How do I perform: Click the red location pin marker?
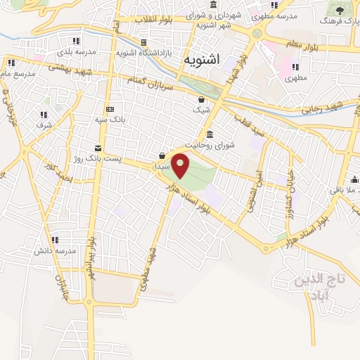point(181,165)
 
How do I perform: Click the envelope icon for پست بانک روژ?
point(97,148)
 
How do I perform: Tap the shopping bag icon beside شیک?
point(202,99)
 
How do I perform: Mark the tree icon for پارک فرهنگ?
point(340,10)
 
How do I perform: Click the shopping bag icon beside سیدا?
point(162,156)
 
